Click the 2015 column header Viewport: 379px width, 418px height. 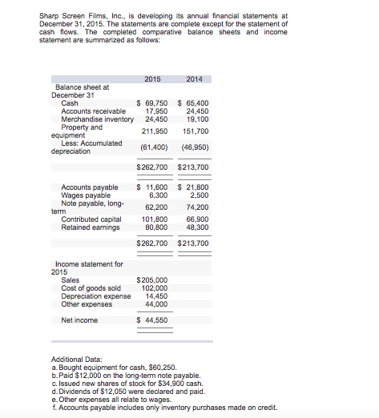(x=152, y=78)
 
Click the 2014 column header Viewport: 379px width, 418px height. (x=194, y=78)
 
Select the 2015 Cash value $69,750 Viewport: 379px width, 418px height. (x=152, y=103)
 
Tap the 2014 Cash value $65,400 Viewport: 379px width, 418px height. (x=192, y=103)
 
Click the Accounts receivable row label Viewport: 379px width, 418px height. (x=94, y=111)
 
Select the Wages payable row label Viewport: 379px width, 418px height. (x=87, y=195)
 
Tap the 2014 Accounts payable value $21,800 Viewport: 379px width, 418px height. (x=192, y=187)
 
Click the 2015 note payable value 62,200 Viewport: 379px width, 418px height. (x=155, y=207)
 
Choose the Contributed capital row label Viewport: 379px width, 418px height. (x=91, y=219)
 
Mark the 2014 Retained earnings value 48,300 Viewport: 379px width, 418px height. (x=196, y=226)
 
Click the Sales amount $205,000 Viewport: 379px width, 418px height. (x=153, y=280)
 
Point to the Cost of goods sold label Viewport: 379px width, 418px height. (x=91, y=288)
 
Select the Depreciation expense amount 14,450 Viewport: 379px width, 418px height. (x=156, y=296)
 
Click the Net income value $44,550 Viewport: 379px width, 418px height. (x=153, y=320)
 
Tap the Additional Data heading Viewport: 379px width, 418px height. (x=77, y=360)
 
